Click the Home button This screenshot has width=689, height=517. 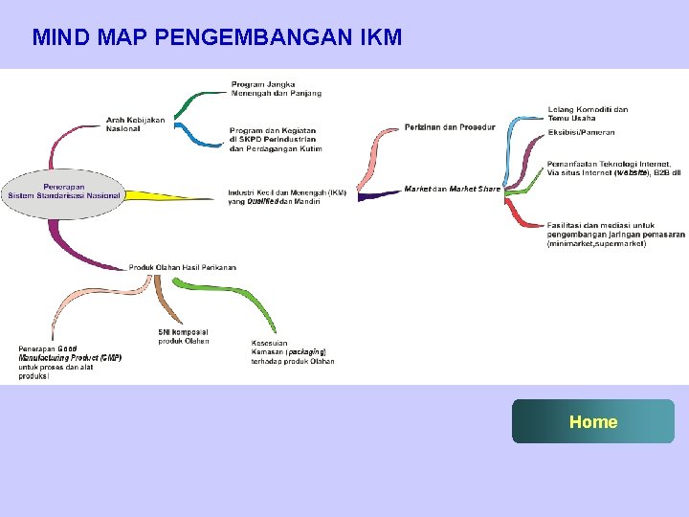(x=593, y=421)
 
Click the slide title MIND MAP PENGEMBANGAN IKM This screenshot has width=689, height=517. (x=216, y=38)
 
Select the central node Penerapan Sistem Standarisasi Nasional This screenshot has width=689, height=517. (x=64, y=191)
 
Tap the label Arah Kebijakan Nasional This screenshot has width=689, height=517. (x=135, y=124)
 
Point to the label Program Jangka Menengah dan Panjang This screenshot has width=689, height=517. (x=276, y=88)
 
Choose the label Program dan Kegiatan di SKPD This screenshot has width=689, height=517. (x=276, y=140)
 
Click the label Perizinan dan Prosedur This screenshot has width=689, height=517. (x=450, y=127)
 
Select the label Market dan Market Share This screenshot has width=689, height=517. (x=452, y=190)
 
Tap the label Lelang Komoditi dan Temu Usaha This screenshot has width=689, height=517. (x=588, y=114)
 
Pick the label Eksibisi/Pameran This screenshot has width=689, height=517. (x=581, y=132)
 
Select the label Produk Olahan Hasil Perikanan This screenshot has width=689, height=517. (x=182, y=267)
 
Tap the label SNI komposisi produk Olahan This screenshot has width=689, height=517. (x=184, y=336)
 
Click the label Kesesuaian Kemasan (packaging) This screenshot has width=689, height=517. (x=292, y=352)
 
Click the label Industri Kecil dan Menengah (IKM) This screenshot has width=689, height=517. (x=287, y=196)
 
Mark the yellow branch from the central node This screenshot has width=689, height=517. (x=172, y=195)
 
